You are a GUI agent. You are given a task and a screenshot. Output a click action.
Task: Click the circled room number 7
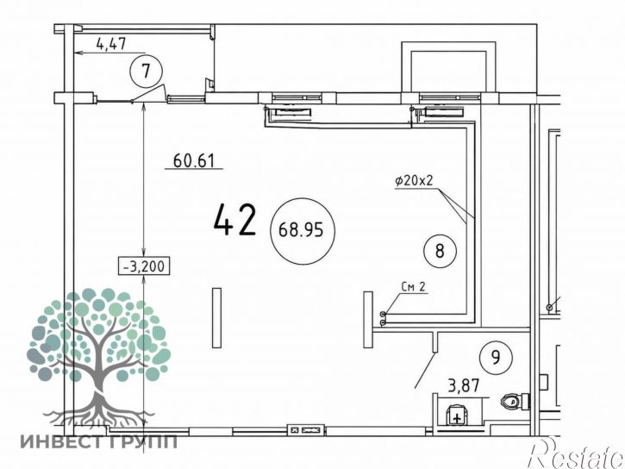pyautogui.click(x=147, y=72)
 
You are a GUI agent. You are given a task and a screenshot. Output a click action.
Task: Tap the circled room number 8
pyautogui.click(x=440, y=252)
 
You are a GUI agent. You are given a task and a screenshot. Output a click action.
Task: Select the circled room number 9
pyautogui.click(x=496, y=358)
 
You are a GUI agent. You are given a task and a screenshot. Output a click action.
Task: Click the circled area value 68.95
pyautogui.click(x=302, y=231)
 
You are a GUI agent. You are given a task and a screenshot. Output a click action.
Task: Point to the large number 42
pyautogui.click(x=234, y=221)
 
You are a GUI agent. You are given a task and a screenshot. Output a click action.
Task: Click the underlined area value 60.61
pyautogui.click(x=194, y=161)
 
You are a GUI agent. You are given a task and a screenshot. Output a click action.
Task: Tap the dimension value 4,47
pyautogui.click(x=111, y=43)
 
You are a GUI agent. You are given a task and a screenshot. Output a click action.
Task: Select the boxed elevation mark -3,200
pyautogui.click(x=144, y=266)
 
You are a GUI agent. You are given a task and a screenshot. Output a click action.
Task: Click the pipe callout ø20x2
pyautogui.click(x=414, y=181)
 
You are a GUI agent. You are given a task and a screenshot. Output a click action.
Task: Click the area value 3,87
pyautogui.click(x=464, y=386)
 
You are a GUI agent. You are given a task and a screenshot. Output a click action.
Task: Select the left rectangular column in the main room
pyautogui.click(x=216, y=317)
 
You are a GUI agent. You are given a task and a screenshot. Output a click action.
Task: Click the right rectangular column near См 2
pyautogui.click(x=368, y=319)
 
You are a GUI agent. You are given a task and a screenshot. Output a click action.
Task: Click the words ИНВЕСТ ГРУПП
pyautogui.click(x=99, y=441)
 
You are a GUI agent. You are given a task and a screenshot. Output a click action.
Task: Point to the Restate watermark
pyautogui.click(x=576, y=453)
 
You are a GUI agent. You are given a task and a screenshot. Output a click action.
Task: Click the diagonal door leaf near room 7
pyautogui.click(x=148, y=92)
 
